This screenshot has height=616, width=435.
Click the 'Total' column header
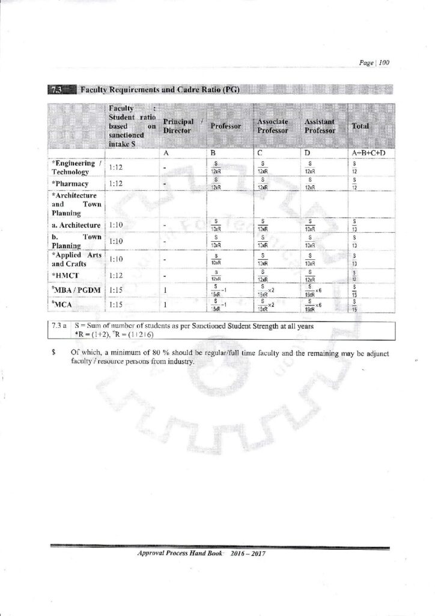click(x=360, y=127)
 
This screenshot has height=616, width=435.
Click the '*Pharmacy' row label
click(x=70, y=183)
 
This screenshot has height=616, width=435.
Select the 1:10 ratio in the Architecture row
click(x=117, y=225)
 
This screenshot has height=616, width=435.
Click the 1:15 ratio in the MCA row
click(x=117, y=306)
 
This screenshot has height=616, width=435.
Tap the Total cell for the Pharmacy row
click(x=354, y=183)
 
